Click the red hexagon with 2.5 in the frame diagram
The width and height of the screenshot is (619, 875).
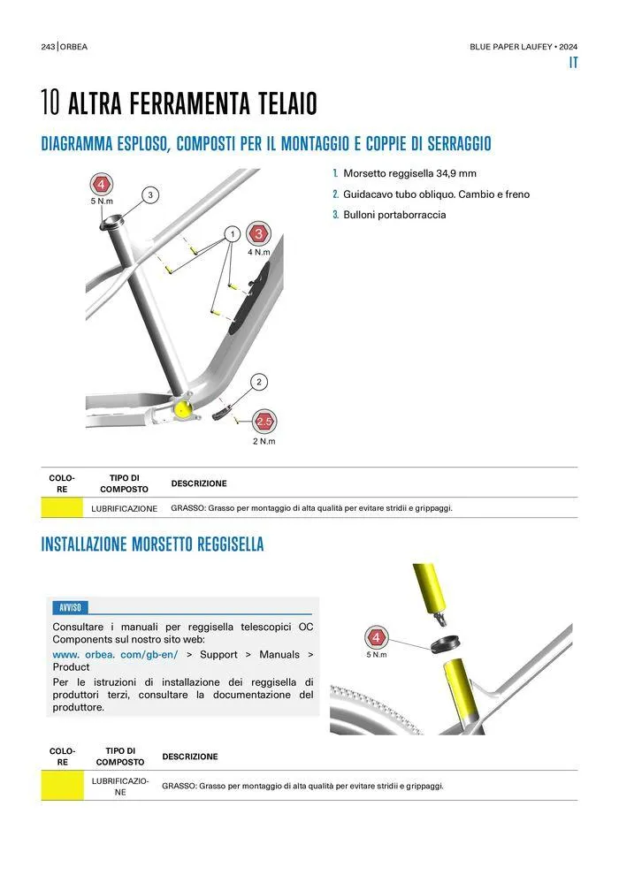pos(264,421)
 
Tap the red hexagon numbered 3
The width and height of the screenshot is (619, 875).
pos(258,234)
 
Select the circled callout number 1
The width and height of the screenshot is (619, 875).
pos(231,234)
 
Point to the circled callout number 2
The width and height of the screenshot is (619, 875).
pos(259,382)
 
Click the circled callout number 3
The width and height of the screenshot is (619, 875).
pos(150,194)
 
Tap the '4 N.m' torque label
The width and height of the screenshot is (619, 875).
pos(258,252)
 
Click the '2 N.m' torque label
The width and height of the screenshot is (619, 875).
pos(264,441)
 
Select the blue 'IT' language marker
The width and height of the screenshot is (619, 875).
pos(573,64)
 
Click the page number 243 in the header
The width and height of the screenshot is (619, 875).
pos(48,47)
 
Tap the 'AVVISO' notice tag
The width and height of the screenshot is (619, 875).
pos(70,607)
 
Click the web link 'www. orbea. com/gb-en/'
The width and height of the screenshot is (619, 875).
pos(116,654)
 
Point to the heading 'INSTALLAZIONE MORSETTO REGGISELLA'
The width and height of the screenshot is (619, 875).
pos(152,544)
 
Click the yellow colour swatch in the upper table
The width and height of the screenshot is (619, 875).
pos(61,508)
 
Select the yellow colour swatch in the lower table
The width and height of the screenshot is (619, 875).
pos(61,786)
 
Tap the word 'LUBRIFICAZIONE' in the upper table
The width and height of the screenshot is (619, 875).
pos(125,508)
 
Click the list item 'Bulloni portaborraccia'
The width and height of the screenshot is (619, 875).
pos(394,215)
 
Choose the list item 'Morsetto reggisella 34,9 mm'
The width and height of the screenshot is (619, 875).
pos(409,173)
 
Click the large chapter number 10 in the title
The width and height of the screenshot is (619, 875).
pos(50,103)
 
